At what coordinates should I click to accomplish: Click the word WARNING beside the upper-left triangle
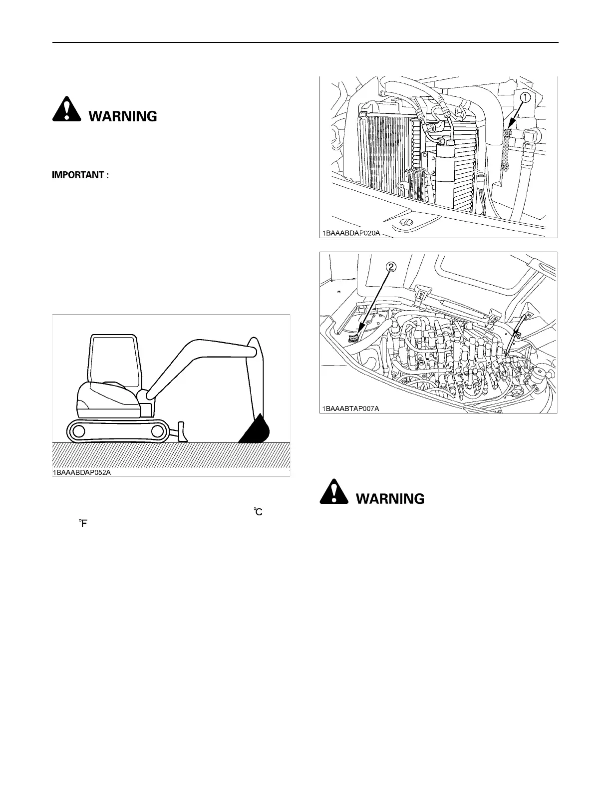[123, 116]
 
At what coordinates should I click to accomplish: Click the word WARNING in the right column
[390, 499]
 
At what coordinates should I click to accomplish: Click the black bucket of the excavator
[256, 430]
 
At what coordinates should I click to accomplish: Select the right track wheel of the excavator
[157, 431]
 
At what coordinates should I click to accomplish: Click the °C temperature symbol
[258, 511]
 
